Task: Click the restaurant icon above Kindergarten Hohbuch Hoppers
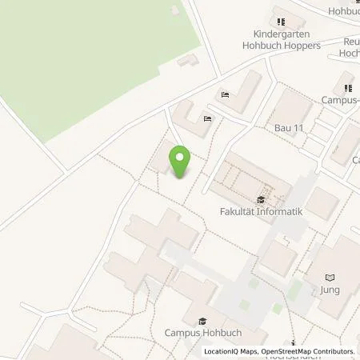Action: point(279,21)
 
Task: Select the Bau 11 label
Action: point(290,127)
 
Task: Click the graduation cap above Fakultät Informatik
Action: point(260,200)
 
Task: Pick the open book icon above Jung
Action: point(327,277)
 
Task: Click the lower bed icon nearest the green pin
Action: point(207,119)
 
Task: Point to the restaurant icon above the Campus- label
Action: point(347,88)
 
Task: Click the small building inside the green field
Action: point(189,60)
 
